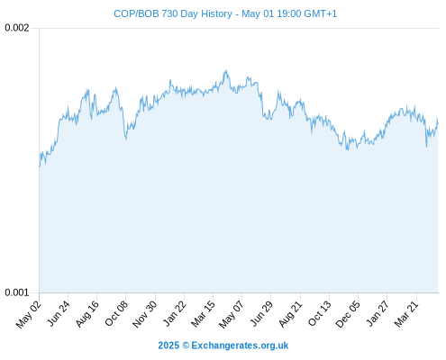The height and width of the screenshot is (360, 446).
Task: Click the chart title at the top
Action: (x=225, y=13)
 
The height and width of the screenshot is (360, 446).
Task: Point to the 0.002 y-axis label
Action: (x=17, y=28)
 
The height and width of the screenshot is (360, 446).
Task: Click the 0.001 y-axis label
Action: (x=17, y=292)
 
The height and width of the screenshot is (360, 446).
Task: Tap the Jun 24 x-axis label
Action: (x=59, y=313)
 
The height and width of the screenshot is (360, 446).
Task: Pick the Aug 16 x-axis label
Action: (x=87, y=313)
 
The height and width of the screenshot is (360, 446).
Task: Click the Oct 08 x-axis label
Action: (x=116, y=313)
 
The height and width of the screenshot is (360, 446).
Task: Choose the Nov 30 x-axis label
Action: (x=145, y=314)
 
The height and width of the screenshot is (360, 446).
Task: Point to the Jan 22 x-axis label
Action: (x=175, y=313)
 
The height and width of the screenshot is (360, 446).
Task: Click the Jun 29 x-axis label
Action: (x=261, y=313)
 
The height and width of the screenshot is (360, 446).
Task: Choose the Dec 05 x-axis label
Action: (x=348, y=314)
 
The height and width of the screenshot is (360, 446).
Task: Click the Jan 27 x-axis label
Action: (x=378, y=313)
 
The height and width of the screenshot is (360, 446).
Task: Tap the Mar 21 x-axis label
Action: (x=406, y=313)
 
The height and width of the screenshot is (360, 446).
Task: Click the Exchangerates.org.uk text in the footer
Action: (x=240, y=346)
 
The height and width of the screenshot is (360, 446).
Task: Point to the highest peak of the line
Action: (x=226, y=71)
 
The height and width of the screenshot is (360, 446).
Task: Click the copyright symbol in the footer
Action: (x=186, y=346)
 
